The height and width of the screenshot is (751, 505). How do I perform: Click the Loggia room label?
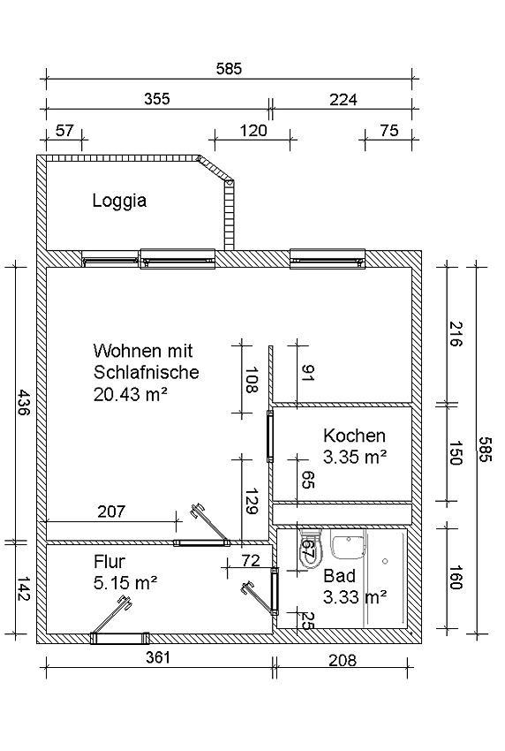(119, 201)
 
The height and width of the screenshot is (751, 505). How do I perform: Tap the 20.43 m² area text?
(130, 395)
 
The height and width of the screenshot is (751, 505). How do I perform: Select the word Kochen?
(354, 436)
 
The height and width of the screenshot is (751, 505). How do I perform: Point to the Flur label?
(109, 561)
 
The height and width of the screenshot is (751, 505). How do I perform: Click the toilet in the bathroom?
(309, 549)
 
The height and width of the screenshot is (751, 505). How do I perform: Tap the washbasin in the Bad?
(349, 545)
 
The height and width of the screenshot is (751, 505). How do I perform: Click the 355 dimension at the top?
(157, 99)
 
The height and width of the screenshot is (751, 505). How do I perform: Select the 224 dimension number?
(343, 99)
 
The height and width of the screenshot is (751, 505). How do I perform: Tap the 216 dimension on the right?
(455, 334)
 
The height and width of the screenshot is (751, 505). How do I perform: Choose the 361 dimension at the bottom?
(158, 657)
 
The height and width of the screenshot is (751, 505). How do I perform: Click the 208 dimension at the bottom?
(343, 661)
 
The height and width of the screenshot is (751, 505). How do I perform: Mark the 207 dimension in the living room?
(111, 512)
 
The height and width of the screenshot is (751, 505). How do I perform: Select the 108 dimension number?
(252, 380)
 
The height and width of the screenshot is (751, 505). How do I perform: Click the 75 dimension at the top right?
(388, 130)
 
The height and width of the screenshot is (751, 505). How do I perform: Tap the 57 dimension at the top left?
(64, 130)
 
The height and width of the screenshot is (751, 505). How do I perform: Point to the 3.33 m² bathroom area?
(355, 597)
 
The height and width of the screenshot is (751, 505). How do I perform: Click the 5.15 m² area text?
(126, 583)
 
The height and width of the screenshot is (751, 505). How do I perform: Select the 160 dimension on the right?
(455, 578)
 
